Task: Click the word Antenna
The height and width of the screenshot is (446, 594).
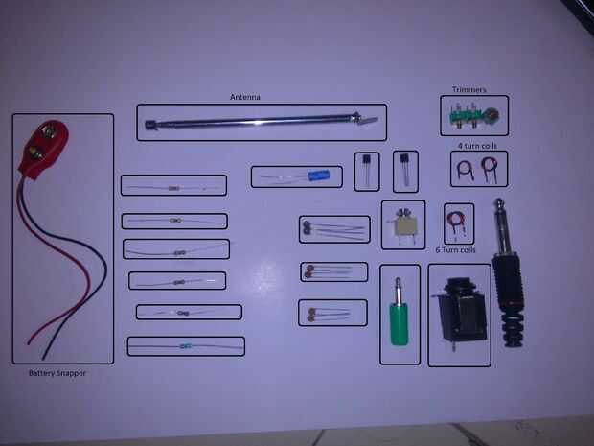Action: [x=245, y=97]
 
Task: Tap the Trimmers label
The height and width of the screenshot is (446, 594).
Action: [x=469, y=90]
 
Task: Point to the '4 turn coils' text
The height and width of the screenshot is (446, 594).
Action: [x=475, y=146]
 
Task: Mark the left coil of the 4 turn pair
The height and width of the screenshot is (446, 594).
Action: [x=465, y=172]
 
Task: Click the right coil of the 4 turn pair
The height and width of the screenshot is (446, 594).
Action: [x=493, y=171]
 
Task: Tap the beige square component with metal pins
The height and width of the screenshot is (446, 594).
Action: [x=403, y=226]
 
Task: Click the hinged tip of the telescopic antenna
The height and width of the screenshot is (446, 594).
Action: [x=365, y=120]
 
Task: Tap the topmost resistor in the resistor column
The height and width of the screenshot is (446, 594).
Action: [x=173, y=188]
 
